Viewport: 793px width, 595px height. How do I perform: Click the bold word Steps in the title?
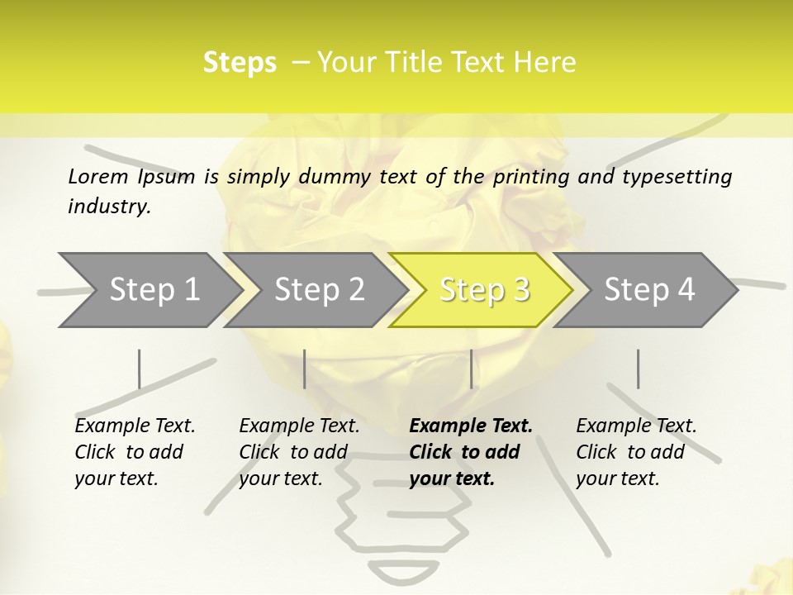click(x=240, y=63)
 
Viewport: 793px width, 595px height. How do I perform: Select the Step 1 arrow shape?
click(x=149, y=289)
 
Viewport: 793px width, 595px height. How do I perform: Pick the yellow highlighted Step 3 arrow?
click(x=483, y=289)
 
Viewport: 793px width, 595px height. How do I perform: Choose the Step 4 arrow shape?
click(x=648, y=289)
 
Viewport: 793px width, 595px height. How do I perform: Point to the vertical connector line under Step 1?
click(x=139, y=369)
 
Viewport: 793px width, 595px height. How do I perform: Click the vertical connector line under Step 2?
click(x=305, y=369)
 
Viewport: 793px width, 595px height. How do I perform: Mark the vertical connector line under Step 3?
click(x=471, y=369)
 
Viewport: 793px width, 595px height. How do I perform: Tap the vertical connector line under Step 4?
click(x=638, y=369)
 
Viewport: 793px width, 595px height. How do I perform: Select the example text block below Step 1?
click(x=135, y=452)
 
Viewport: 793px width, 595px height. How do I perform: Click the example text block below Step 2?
click(x=299, y=452)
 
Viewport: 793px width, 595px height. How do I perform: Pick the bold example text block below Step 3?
click(x=471, y=452)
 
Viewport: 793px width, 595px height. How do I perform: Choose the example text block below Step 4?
click(x=636, y=452)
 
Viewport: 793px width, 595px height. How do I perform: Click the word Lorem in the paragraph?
click(x=98, y=176)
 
